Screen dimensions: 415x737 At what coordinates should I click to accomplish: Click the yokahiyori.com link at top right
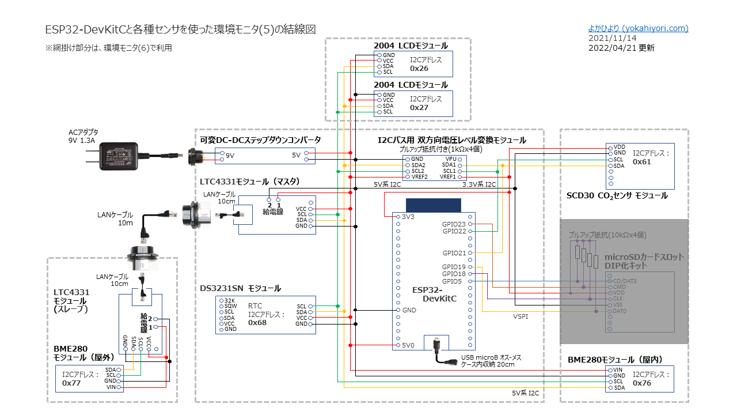click(x=638, y=28)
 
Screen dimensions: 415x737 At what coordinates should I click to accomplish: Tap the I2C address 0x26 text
click(x=419, y=68)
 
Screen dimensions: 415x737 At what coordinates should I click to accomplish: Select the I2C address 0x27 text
click(x=419, y=107)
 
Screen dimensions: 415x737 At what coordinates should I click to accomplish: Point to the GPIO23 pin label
click(x=454, y=224)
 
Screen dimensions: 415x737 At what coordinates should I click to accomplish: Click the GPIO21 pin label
click(x=454, y=253)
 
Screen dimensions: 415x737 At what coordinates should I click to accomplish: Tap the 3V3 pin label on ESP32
click(x=408, y=217)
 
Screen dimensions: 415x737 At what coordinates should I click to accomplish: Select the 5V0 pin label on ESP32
click(x=408, y=346)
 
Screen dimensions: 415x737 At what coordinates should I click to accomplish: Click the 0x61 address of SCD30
click(x=642, y=162)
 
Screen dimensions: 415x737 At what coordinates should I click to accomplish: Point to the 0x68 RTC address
click(x=257, y=323)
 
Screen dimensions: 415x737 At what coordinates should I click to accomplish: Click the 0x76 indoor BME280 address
click(x=642, y=383)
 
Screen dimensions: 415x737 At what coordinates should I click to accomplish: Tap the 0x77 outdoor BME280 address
click(x=71, y=383)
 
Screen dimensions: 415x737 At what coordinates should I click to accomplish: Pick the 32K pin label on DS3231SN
click(x=230, y=301)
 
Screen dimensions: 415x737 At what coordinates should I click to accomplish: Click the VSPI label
click(x=521, y=316)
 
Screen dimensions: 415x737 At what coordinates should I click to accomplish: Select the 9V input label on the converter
click(x=230, y=156)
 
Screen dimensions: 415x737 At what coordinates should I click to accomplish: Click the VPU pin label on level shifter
click(x=450, y=159)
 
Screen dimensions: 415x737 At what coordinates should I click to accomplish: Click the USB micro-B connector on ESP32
click(x=436, y=344)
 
